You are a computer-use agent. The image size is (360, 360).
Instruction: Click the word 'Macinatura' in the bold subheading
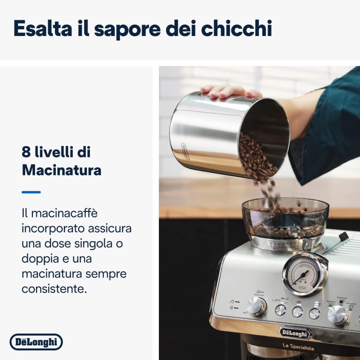[61, 170]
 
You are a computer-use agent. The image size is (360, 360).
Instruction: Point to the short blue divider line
[31, 192]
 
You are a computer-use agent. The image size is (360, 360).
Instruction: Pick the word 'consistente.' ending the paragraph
[54, 289]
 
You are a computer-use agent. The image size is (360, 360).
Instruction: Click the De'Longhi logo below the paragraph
[36, 342]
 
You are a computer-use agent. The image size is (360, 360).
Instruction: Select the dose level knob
[256, 306]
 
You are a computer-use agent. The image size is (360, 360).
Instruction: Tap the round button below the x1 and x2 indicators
[280, 310]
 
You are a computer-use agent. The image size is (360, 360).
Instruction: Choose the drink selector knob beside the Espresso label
[337, 315]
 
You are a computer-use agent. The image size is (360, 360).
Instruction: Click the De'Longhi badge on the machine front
[295, 333]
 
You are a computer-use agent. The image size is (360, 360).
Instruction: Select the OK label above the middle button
[298, 302]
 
